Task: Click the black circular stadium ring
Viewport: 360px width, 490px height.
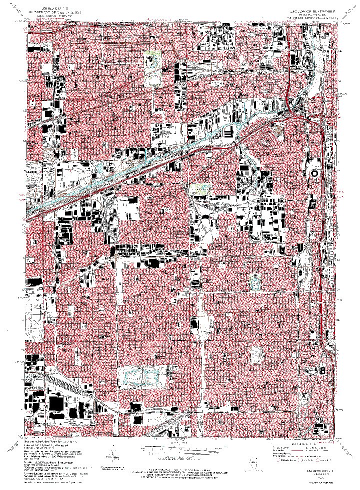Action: click(x=314, y=173)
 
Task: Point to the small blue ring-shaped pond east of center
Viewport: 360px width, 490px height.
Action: click(x=255, y=283)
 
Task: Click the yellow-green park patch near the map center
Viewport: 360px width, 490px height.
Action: click(x=198, y=188)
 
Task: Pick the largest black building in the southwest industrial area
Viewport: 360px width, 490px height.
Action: click(x=56, y=403)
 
